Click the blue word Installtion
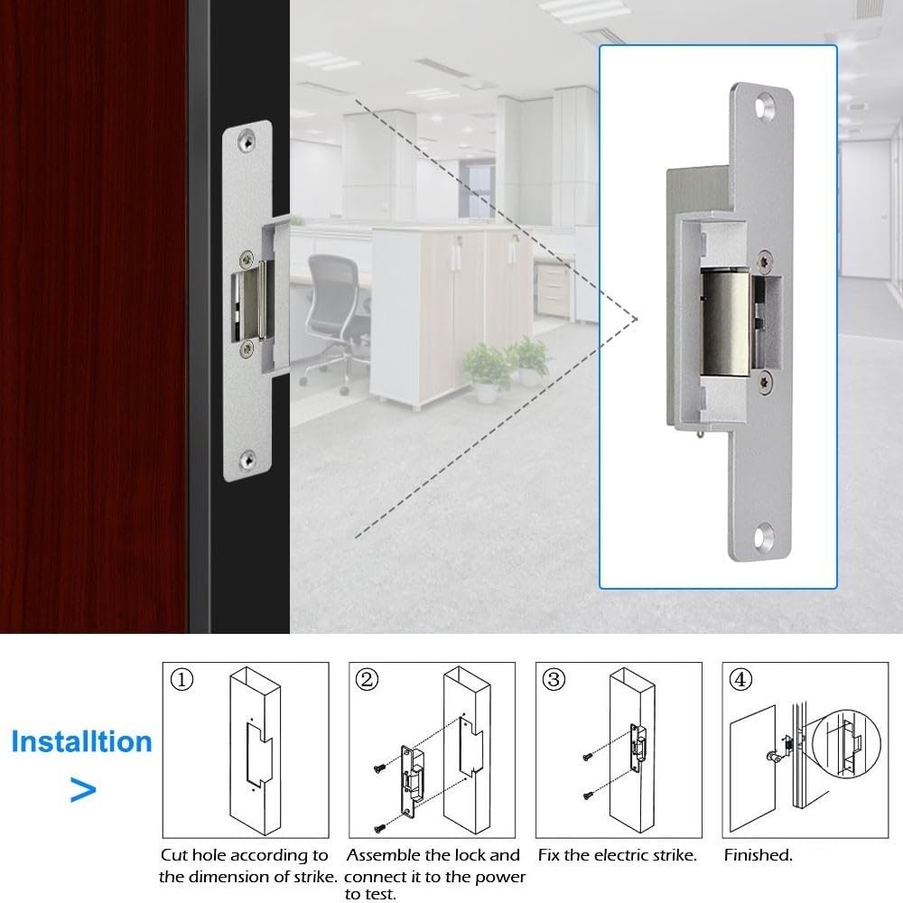click(81, 742)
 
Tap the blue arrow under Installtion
click(83, 791)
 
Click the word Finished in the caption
click(758, 855)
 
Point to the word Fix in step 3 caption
click(550, 855)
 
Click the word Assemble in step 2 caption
click(385, 855)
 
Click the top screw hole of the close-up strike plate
click(767, 105)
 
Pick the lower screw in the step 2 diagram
click(380, 824)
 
